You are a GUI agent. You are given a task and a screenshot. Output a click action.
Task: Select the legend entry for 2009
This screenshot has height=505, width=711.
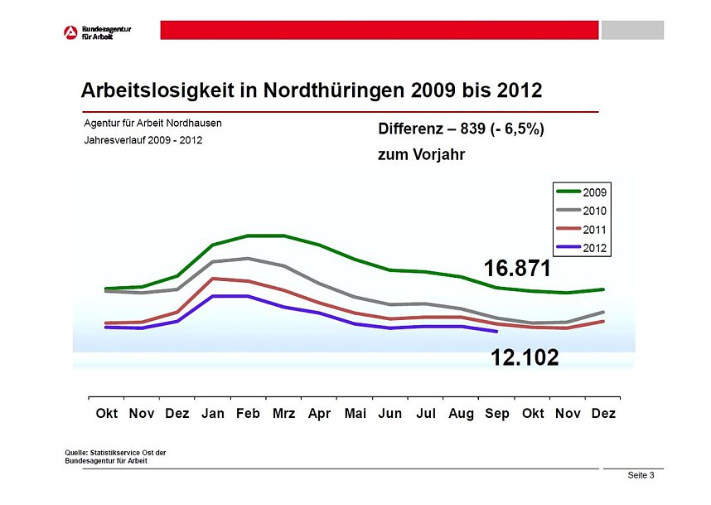tap(583, 192)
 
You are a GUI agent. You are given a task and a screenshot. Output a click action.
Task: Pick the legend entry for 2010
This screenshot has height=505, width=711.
tap(583, 211)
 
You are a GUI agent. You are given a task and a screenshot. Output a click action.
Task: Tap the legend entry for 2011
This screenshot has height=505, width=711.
tap(583, 230)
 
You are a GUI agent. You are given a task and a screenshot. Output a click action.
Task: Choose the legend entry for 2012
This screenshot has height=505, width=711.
tap(583, 248)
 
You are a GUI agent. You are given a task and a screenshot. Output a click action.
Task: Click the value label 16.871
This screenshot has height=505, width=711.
tap(517, 268)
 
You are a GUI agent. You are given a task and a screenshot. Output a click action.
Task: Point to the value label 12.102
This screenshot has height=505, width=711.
tap(525, 357)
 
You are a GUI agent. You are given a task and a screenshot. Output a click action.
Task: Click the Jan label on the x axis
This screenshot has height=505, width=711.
tap(213, 413)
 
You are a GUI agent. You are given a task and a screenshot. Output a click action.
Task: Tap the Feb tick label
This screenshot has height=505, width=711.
tap(248, 413)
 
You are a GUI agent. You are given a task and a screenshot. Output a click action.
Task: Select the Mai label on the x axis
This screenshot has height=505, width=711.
tap(355, 413)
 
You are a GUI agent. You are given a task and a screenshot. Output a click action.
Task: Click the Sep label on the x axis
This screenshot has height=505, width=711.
tap(497, 413)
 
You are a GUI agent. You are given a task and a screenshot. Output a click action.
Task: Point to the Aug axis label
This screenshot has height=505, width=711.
tap(461, 413)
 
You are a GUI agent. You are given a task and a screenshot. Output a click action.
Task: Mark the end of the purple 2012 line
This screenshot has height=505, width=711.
tap(496, 332)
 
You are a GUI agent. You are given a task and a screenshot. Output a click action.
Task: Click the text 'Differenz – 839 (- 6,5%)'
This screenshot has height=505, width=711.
tap(461, 129)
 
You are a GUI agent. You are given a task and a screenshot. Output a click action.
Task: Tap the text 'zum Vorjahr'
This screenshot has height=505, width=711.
tap(421, 154)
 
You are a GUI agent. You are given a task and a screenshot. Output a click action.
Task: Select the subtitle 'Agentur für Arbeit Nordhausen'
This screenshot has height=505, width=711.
tap(152, 123)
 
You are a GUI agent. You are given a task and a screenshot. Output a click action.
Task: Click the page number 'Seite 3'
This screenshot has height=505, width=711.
tap(641, 475)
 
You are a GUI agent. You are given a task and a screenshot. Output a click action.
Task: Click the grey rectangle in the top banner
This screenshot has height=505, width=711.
tap(632, 30)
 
